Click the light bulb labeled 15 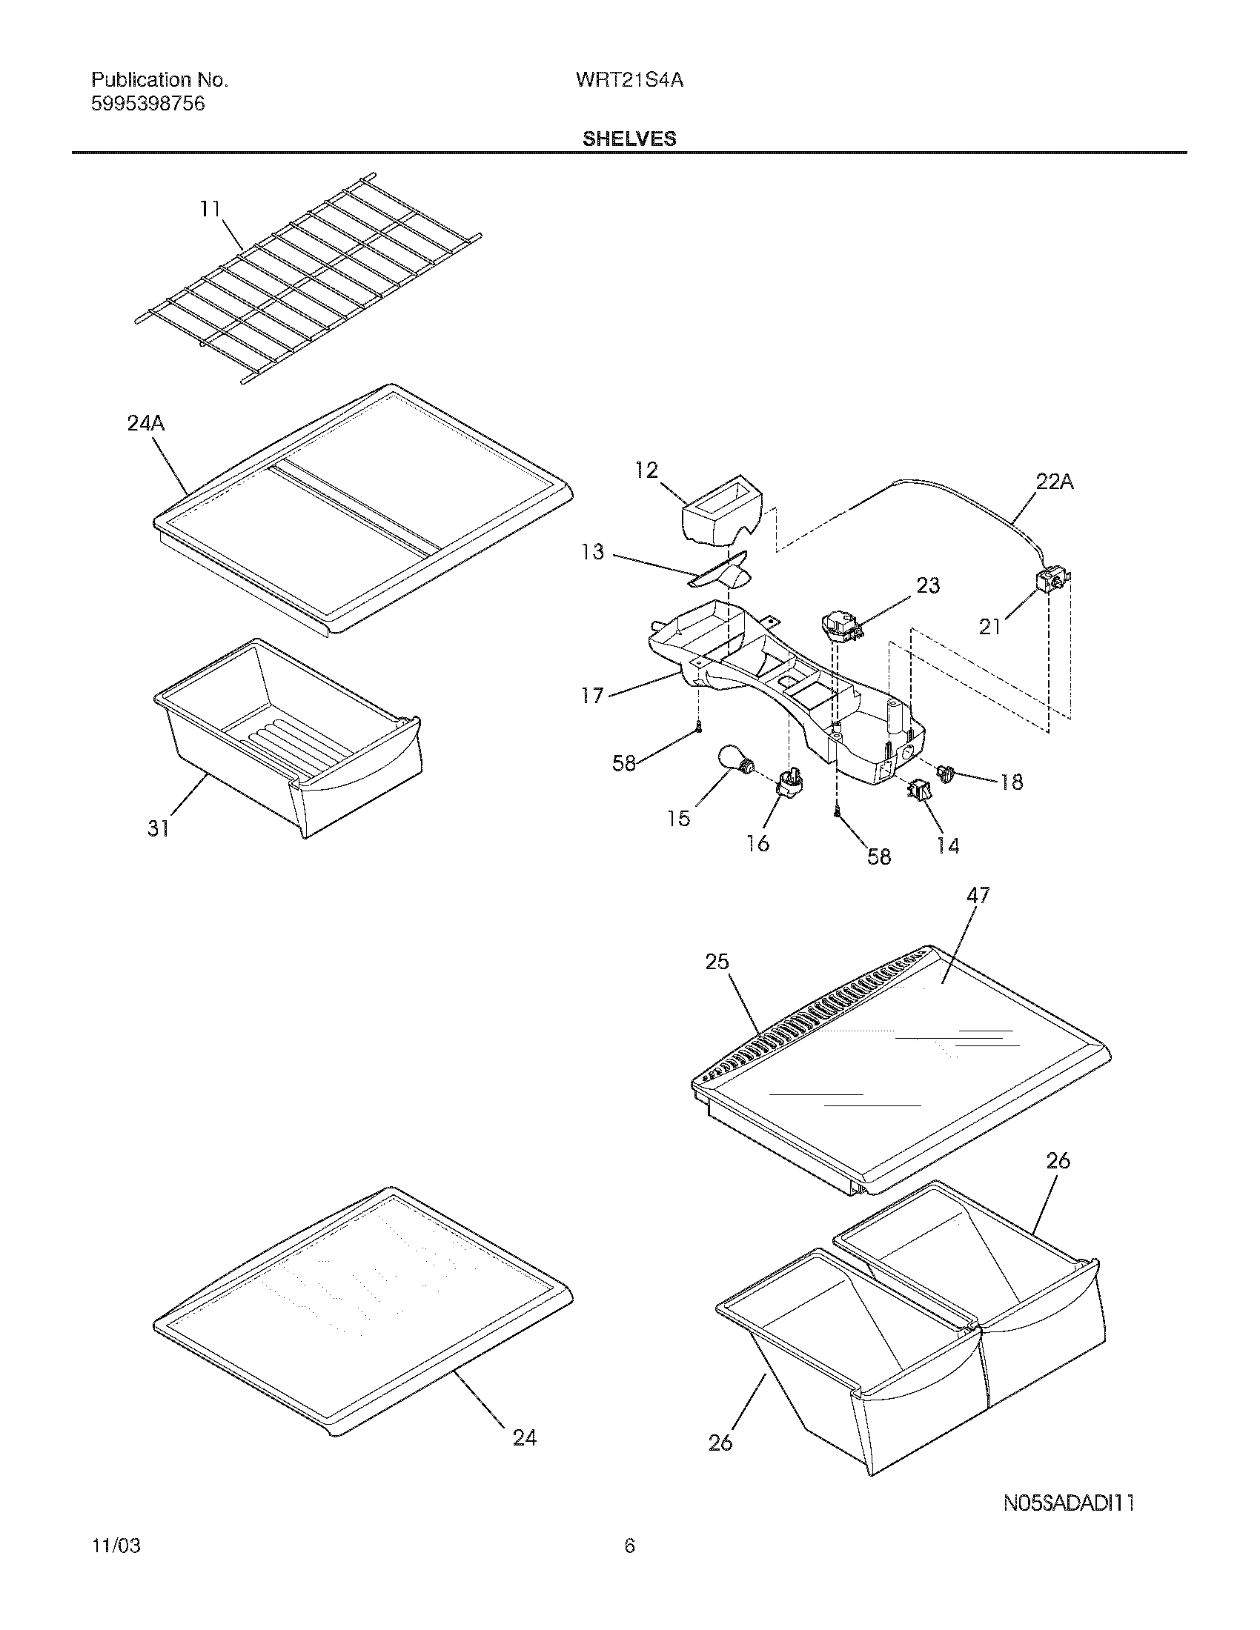click(x=735, y=761)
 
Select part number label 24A click(x=145, y=424)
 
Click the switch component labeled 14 click(x=918, y=789)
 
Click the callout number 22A click(x=1054, y=482)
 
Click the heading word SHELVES click(x=629, y=139)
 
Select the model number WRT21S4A click(x=629, y=81)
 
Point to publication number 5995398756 click(x=147, y=104)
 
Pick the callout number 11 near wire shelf click(x=210, y=209)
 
